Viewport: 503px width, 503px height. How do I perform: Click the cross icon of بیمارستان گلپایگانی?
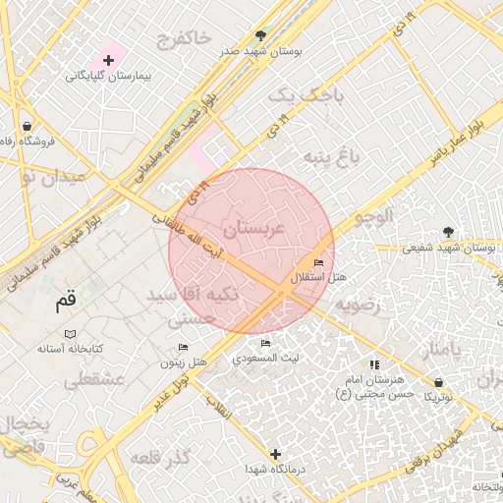click(108, 61)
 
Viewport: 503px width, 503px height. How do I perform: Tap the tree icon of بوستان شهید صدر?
click(260, 33)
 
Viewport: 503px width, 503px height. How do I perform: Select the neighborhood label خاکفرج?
click(183, 38)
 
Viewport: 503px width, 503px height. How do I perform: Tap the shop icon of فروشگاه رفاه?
click(26, 126)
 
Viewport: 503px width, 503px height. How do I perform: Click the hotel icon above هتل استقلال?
click(318, 263)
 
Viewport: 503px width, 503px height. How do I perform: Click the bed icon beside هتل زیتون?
click(184, 347)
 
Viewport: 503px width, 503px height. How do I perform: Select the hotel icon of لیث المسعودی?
click(266, 343)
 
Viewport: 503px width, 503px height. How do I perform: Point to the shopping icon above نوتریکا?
click(438, 381)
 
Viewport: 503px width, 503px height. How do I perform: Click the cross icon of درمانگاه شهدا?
click(276, 454)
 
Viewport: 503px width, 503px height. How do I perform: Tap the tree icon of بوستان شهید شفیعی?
click(450, 232)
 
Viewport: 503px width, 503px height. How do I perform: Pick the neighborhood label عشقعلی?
click(91, 378)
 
